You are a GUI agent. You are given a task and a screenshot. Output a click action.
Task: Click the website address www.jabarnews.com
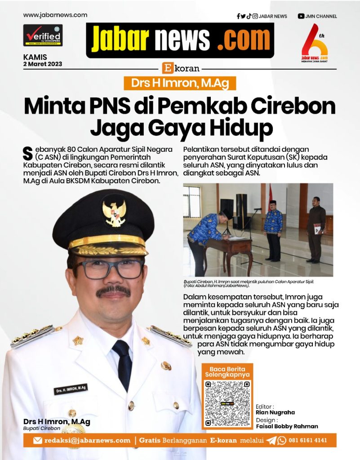click(55, 15)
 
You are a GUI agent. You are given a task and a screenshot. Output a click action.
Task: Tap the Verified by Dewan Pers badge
click(43, 35)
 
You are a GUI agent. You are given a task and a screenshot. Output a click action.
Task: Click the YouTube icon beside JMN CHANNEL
click(301, 16)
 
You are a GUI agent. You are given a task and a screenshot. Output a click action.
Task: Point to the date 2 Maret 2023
click(43, 64)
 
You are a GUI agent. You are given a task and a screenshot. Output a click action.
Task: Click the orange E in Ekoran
click(167, 68)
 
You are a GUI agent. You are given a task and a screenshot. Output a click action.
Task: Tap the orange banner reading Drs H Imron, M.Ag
click(180, 83)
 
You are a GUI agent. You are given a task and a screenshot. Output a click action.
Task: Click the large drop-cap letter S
click(27, 152)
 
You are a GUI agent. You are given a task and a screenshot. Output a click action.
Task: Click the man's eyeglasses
click(108, 269)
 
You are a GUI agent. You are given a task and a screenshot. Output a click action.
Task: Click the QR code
click(227, 403)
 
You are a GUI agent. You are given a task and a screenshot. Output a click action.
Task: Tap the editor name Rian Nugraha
click(275, 412)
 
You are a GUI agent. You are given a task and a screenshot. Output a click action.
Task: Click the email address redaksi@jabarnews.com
click(87, 440)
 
